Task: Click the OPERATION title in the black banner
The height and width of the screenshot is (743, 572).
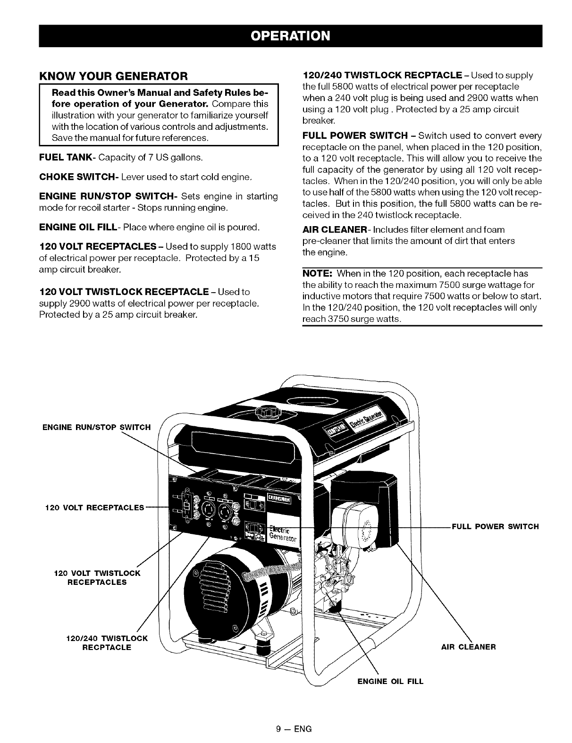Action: point(290,36)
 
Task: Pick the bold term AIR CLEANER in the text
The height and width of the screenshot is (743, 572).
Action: point(334,230)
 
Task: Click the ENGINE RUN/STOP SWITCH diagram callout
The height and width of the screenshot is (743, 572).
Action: point(96,428)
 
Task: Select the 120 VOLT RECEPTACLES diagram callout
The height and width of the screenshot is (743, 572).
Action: point(94,508)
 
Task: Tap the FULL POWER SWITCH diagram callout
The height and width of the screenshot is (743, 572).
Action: point(495,526)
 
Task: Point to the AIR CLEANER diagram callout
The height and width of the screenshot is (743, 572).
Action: point(468,647)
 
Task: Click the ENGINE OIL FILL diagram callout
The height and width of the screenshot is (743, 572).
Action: point(390,681)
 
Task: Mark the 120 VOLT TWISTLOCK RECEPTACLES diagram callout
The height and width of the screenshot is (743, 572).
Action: point(98,578)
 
